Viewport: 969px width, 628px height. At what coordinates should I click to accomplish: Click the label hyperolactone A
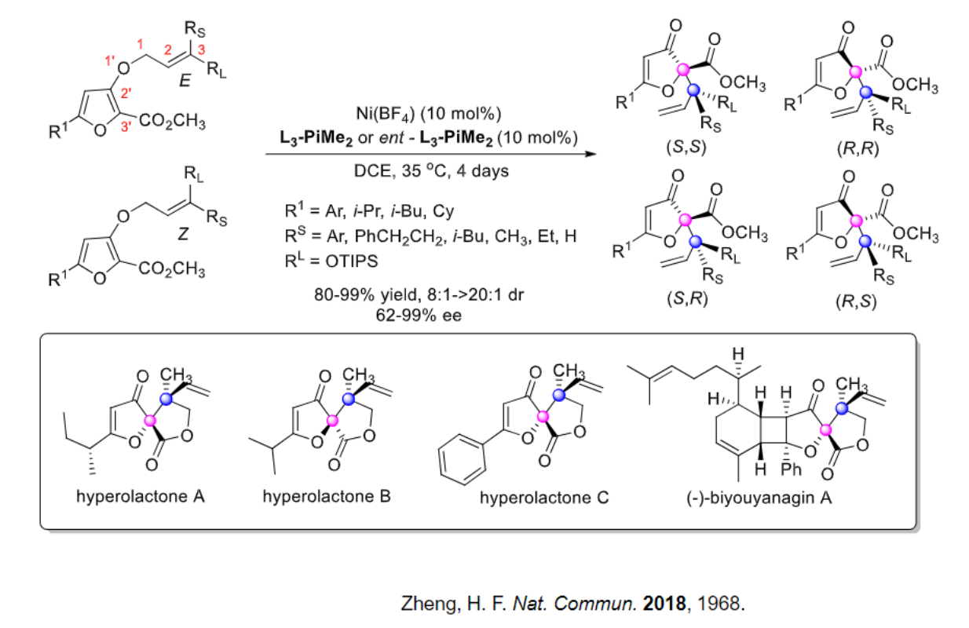coord(141,497)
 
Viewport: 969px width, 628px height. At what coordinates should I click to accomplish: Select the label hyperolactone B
coord(327,497)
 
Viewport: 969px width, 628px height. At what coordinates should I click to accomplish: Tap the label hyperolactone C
coord(544,498)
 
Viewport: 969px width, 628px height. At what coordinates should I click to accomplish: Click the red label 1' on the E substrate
coord(109,60)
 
